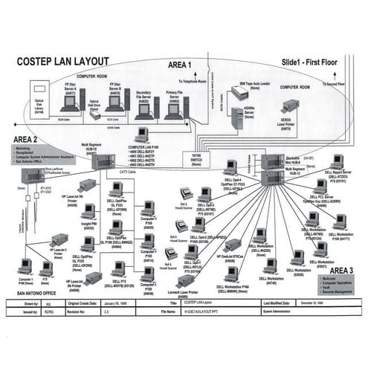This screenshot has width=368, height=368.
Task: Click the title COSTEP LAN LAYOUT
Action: point(62,61)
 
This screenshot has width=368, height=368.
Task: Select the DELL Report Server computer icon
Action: point(338,161)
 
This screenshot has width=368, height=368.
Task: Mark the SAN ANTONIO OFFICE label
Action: point(33,295)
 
